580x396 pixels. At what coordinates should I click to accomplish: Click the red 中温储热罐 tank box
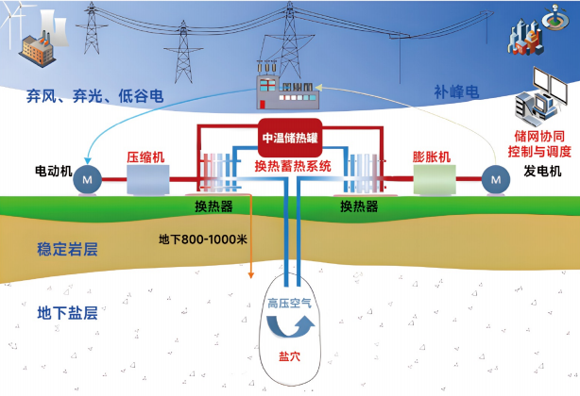(x=290, y=138)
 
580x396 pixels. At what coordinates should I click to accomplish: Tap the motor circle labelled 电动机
(x=87, y=179)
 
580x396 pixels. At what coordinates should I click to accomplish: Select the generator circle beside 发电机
(x=496, y=179)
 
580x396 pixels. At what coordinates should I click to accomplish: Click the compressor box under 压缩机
(x=148, y=179)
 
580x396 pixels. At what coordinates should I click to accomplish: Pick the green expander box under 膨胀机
(x=435, y=179)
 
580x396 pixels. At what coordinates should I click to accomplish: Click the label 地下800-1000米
(x=203, y=239)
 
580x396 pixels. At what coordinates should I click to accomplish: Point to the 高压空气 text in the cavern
(x=290, y=304)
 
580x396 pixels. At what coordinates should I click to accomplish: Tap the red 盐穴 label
(x=289, y=356)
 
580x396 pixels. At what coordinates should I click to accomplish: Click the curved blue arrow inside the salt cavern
(x=290, y=326)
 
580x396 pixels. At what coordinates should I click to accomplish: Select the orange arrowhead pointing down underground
(x=250, y=275)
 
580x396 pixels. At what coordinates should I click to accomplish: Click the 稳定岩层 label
(x=67, y=250)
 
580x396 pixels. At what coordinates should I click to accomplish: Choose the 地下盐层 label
(x=67, y=313)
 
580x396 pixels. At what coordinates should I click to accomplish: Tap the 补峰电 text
(x=456, y=91)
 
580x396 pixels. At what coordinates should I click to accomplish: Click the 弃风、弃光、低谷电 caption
(x=95, y=96)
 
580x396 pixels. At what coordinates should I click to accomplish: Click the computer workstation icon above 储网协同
(x=540, y=96)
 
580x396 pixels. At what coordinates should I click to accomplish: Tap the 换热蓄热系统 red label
(x=293, y=166)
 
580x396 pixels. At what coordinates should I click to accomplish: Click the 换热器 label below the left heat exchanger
(x=213, y=206)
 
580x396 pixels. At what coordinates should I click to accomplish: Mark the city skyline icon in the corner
(x=526, y=37)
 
